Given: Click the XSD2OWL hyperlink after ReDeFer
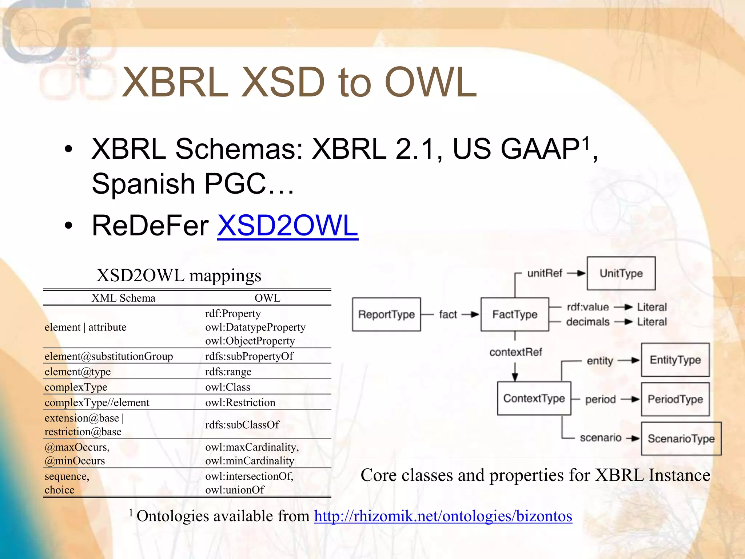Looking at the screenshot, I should (287, 226).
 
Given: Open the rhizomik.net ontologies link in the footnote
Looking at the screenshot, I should (443, 516).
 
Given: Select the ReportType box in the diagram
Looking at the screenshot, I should (386, 314).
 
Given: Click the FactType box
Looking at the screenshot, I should (514, 314).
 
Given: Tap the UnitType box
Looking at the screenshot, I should (621, 273).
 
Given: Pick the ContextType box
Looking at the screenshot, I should (534, 399).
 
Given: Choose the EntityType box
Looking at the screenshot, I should (675, 360).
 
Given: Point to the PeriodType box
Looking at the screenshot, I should (675, 399).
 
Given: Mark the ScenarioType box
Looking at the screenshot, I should (681, 439).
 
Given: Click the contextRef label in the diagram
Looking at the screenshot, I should (515, 352).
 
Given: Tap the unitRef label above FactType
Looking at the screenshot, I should (545, 273).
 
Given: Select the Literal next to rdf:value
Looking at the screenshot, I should (652, 307).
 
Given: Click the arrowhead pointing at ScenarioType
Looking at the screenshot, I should (635, 439).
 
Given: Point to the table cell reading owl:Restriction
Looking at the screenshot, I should (240, 403).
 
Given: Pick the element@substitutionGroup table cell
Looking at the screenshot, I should (109, 356).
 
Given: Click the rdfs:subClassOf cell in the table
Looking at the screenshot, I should (242, 425).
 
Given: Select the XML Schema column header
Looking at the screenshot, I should (123, 298).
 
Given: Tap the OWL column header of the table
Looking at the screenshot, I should (267, 298).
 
